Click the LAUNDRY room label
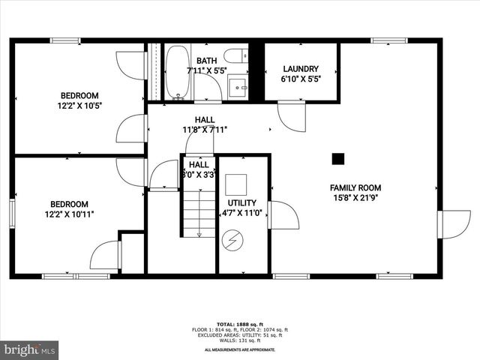(x=300, y=68)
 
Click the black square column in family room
(x=338, y=158)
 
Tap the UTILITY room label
(x=242, y=202)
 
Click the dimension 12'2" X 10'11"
(x=69, y=214)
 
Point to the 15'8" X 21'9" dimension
(x=355, y=198)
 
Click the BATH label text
(x=206, y=61)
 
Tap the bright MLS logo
(x=30, y=349)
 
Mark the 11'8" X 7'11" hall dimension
(x=205, y=129)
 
